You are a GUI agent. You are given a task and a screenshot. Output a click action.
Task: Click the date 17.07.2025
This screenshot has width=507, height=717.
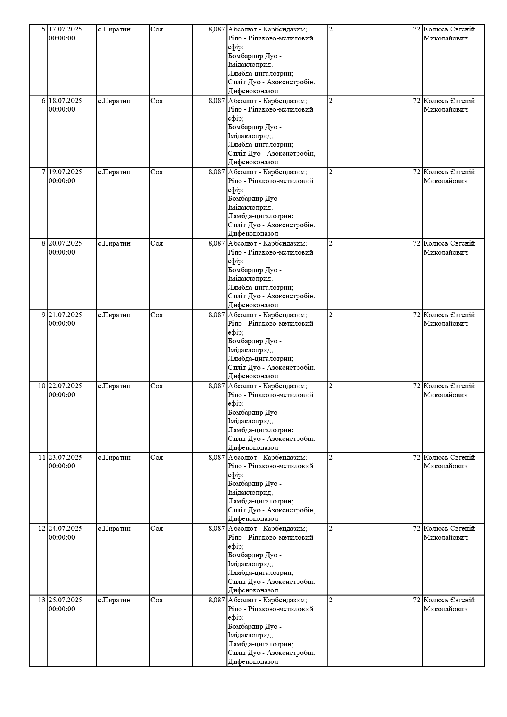[x=65, y=29]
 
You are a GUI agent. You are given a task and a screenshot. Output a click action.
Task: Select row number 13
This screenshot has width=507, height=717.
[x=42, y=600]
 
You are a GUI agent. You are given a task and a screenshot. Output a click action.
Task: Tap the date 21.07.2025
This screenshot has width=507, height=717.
[x=65, y=315]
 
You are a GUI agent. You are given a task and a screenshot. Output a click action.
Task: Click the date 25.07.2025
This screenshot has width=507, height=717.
[x=65, y=600]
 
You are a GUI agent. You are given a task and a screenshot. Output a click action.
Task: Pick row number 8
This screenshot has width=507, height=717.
[x=43, y=243]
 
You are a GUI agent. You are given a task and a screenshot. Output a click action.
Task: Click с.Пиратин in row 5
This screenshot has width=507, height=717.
[x=114, y=29]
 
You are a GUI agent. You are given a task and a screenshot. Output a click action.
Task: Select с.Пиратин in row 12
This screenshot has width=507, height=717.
[x=114, y=529]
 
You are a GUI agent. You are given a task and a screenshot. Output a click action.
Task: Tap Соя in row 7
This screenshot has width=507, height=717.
[x=156, y=172]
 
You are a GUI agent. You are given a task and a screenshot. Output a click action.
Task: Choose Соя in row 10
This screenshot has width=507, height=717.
[x=156, y=386]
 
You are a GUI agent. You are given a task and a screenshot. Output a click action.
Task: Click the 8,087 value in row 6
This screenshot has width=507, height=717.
[x=217, y=101]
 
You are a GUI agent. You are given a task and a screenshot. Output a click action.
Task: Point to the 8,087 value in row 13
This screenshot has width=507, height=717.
[x=217, y=600]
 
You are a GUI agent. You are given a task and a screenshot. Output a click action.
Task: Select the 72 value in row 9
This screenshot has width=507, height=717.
[x=416, y=315]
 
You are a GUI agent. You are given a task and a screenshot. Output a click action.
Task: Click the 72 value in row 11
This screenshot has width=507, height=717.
[x=416, y=458]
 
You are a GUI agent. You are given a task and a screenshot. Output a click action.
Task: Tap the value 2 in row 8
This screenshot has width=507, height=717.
[x=331, y=243]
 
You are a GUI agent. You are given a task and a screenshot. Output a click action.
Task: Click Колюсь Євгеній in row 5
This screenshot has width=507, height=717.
[x=449, y=29]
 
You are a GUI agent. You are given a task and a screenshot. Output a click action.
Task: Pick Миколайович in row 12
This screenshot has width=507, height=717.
[x=445, y=538]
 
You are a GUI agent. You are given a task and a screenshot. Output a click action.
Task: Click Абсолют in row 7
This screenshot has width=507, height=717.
[x=243, y=172]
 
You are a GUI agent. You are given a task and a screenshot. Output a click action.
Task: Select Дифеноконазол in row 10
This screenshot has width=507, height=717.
[x=253, y=448]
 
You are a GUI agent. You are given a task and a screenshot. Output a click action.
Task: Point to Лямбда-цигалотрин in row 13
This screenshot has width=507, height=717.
[x=260, y=644]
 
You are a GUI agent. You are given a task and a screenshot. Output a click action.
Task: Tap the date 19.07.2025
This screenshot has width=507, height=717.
[x=65, y=172]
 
